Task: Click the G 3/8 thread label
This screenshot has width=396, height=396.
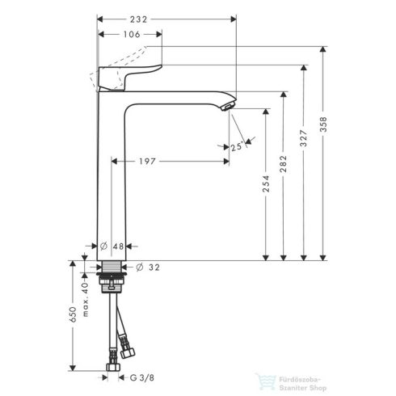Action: coord(143,377)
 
